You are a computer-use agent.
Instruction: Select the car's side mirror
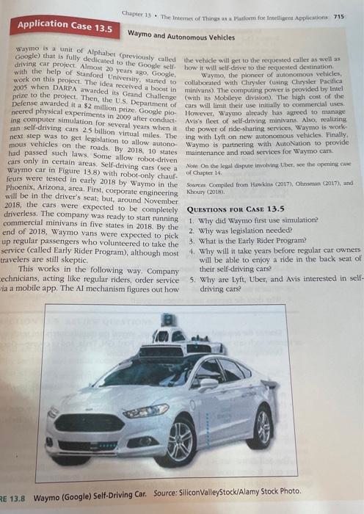(210, 383)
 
